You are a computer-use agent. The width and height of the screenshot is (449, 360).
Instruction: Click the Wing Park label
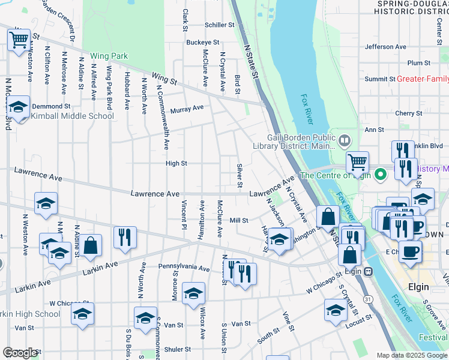(109, 56)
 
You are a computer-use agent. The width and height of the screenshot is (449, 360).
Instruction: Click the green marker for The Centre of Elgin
(379, 175)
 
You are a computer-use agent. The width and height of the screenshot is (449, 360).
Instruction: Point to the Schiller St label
(219, 25)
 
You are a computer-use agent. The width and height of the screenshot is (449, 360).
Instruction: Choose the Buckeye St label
(202, 43)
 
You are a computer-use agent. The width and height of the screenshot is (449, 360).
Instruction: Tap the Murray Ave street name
(187, 109)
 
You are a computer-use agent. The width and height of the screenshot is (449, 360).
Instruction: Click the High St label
(176, 163)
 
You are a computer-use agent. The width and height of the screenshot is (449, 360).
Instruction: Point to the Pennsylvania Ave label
(184, 267)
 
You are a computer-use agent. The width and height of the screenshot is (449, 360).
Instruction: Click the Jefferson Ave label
(385, 47)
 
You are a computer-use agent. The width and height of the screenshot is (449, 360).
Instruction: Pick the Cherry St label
(409, 113)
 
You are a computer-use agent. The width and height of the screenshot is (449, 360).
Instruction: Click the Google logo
(20, 352)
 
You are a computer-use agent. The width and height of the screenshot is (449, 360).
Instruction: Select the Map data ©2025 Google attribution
(411, 355)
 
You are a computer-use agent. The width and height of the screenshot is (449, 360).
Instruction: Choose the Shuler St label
(177, 349)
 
